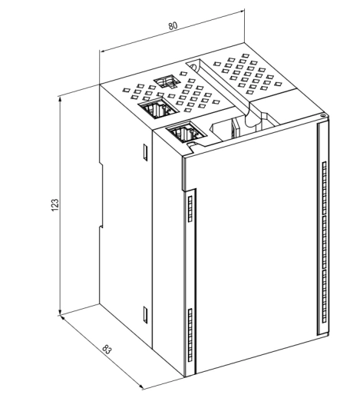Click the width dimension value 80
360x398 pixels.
173,26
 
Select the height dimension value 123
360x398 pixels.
55,205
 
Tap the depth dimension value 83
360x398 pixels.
107,350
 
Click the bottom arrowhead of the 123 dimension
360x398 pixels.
60,312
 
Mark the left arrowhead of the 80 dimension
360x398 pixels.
103,51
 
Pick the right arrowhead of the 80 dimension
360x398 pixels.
241,11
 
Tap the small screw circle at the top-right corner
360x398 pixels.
323,116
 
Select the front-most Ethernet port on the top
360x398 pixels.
186,132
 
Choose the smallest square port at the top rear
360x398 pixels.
167,81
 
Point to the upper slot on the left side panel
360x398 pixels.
145,152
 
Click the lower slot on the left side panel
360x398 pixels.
145,314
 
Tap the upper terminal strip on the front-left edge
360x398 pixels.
190,209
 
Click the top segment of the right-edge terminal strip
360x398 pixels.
325,188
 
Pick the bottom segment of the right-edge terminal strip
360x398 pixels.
325,296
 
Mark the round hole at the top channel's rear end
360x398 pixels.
193,66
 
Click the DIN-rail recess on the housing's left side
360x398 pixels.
101,196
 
